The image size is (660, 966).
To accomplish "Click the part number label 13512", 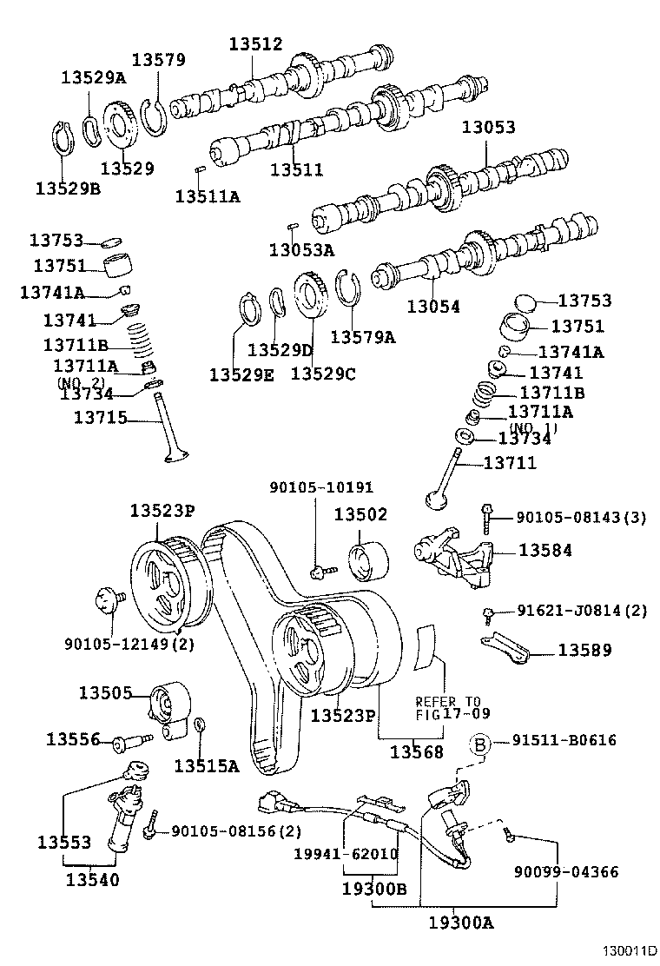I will coord(256,44).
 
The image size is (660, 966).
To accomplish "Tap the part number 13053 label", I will coord(488,127).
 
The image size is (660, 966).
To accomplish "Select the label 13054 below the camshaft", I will coord(433,307).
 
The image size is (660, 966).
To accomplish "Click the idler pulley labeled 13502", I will coord(366,560).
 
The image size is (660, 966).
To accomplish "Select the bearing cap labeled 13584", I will coord(452,552).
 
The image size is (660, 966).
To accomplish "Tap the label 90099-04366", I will coord(565,871).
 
